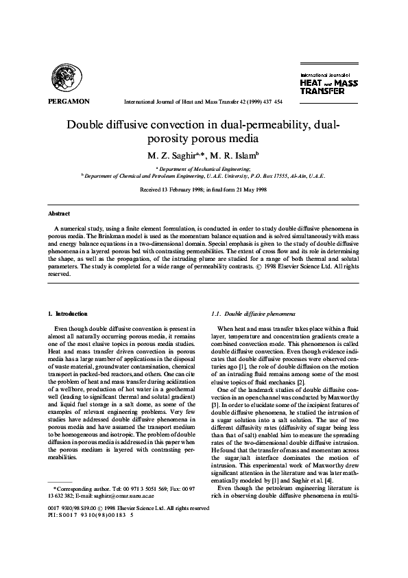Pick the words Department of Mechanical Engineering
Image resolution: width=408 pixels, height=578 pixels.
pos(204,168)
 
